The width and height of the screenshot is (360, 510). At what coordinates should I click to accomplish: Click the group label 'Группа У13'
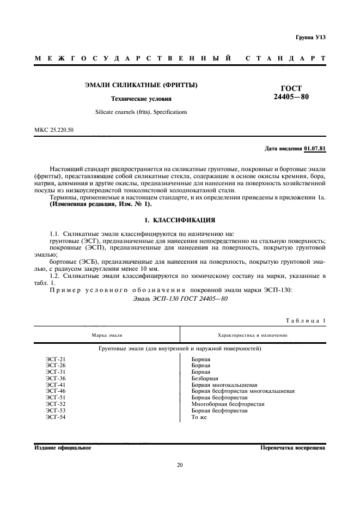coord(310,37)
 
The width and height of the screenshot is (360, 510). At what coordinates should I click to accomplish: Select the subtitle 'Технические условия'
coord(141,99)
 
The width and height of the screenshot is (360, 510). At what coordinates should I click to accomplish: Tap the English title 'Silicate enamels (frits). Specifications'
coord(141,112)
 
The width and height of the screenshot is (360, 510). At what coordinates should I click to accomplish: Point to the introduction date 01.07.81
coord(315,148)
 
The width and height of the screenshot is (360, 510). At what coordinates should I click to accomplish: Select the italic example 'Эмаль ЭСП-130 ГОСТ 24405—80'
coord(180,299)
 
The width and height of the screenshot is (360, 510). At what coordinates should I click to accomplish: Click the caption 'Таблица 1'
coord(305,320)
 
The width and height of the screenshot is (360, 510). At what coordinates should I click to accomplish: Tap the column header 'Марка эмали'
coord(107,335)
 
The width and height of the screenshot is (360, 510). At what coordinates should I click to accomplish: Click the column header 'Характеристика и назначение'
coord(252,335)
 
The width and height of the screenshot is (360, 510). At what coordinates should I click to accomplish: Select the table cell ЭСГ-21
coord(56,359)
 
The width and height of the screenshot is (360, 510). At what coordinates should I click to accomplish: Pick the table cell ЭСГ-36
coord(56,378)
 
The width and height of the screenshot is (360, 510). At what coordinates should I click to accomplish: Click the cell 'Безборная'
coord(205,378)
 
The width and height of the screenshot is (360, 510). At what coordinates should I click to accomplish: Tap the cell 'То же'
coord(199,417)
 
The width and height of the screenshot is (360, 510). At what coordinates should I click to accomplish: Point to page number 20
coord(180,465)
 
